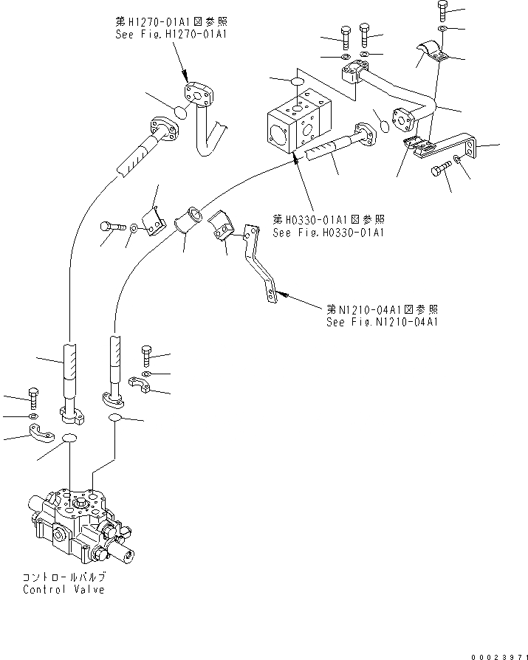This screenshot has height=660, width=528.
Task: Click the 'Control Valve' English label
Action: pos(64,589)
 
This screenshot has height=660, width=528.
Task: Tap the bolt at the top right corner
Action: pos(442,10)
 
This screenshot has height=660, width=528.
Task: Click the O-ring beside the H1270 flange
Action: pos(179,113)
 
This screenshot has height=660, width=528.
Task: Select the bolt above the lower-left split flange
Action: pos(32,396)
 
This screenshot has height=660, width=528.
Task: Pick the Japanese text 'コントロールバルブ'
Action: pos(64,577)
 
